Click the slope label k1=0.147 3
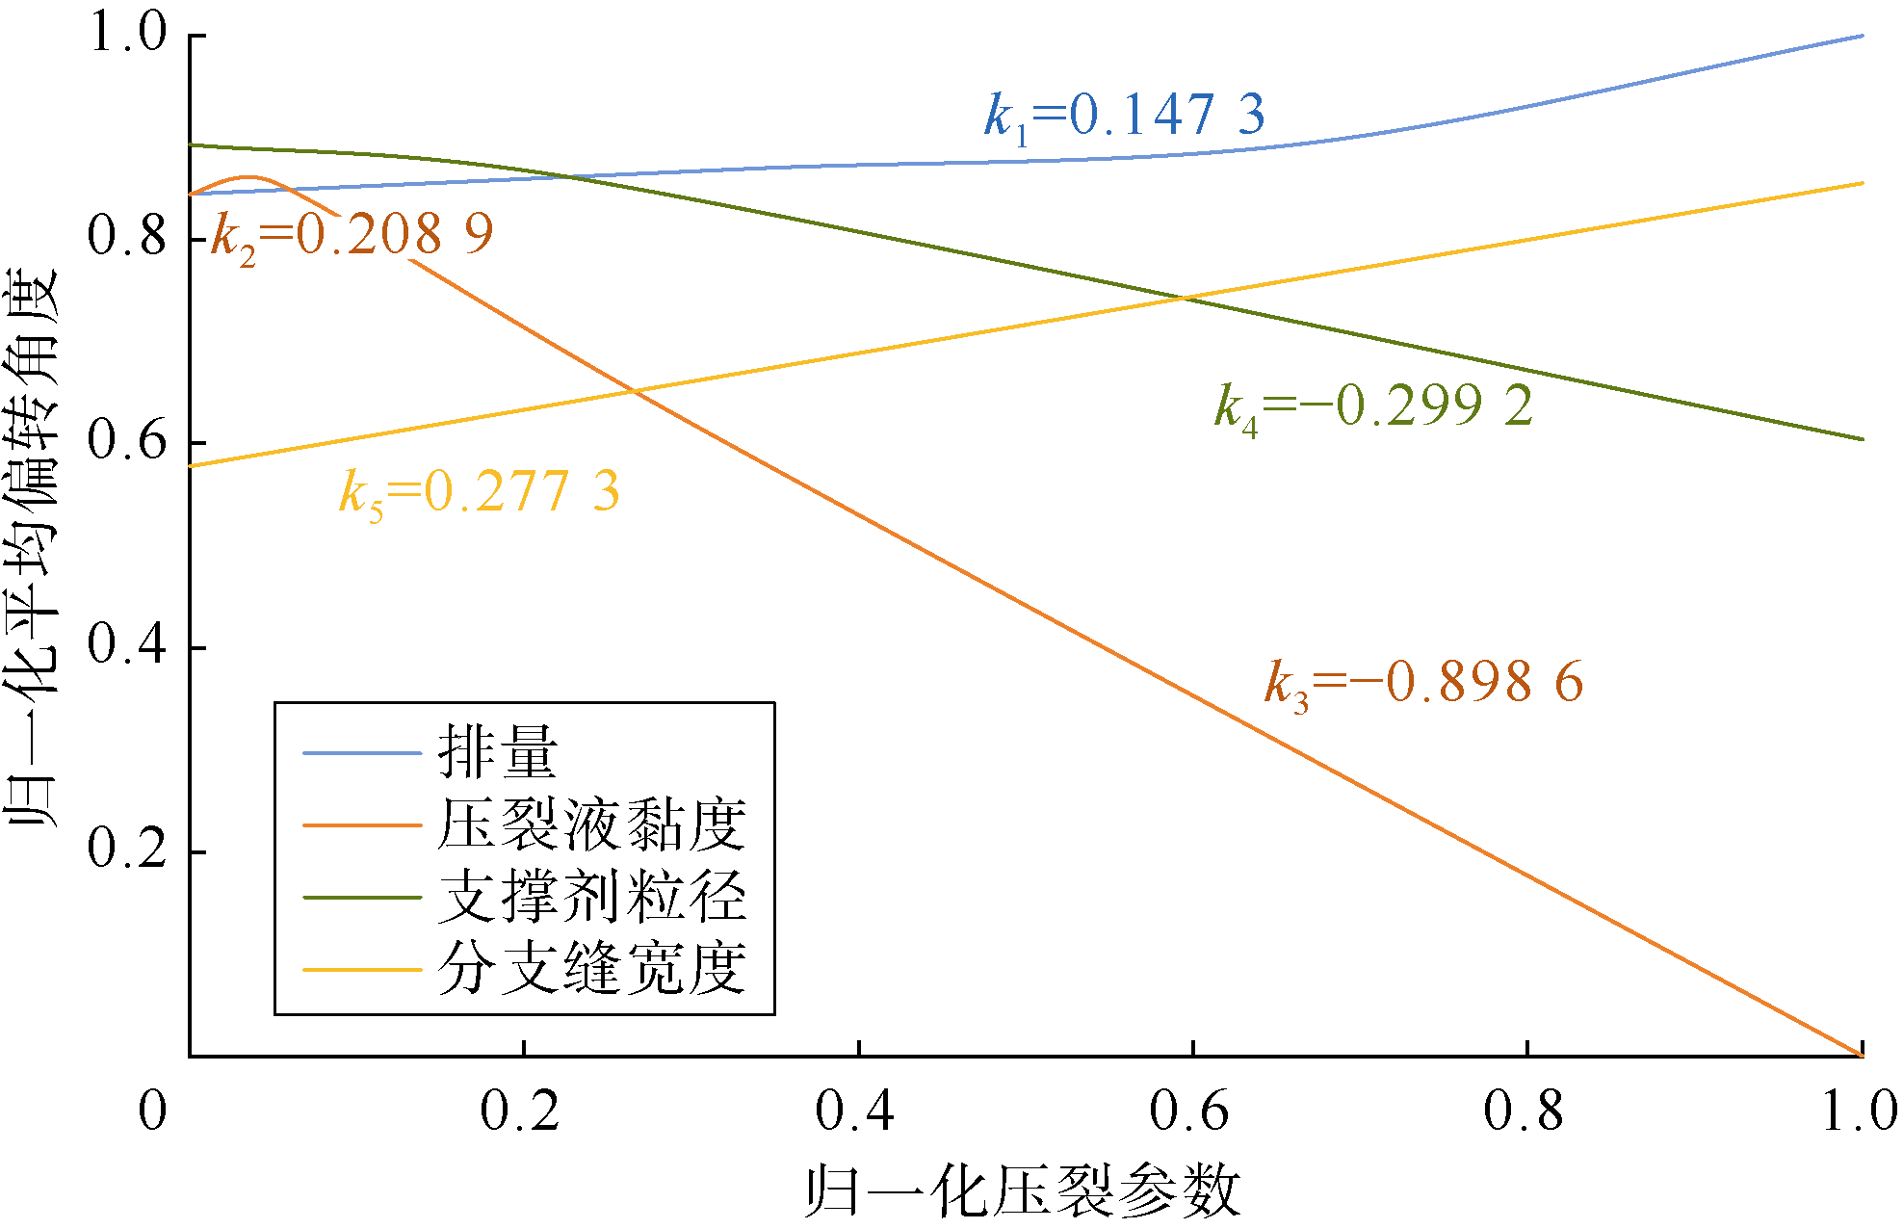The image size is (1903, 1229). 1124,117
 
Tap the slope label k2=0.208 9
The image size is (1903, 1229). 352,235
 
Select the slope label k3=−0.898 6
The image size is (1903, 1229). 1423,684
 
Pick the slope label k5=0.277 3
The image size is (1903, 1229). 479,492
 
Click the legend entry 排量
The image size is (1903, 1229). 497,752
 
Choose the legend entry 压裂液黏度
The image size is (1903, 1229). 591,825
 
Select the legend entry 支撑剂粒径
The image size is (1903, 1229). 591,898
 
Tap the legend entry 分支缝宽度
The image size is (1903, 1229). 591,968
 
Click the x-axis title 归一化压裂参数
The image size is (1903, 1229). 1023,1191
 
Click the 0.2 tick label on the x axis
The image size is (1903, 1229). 520,1111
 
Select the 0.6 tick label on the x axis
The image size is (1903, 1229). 1189,1111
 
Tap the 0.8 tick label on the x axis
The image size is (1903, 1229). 1524,1111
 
